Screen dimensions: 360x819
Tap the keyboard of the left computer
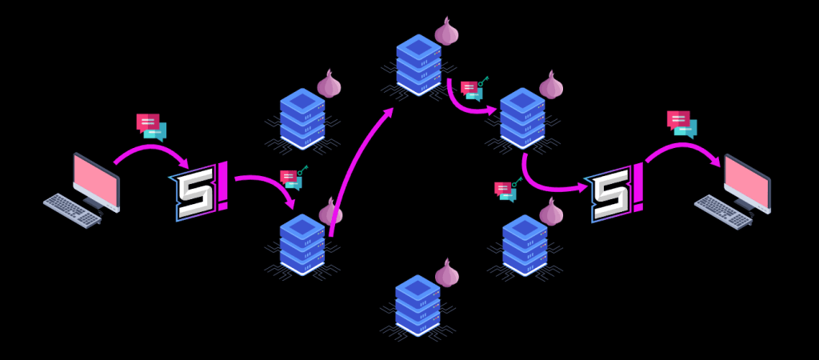click(x=73, y=209)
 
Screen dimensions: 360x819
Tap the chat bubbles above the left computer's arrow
click(x=151, y=126)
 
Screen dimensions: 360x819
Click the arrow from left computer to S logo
click(x=152, y=150)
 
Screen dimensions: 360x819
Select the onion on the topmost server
click(x=447, y=32)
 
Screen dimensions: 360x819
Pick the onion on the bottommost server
click(x=447, y=274)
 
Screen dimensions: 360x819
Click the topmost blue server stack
click(x=418, y=64)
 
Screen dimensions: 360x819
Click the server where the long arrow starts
click(x=302, y=243)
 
